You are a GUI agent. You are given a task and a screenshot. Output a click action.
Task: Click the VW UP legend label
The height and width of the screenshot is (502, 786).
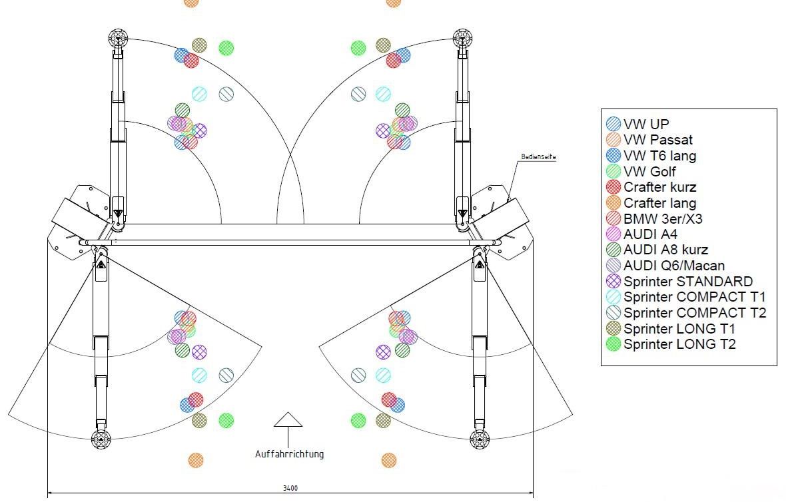[646, 124]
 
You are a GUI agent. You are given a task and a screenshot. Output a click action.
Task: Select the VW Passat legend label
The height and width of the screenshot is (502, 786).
[658, 140]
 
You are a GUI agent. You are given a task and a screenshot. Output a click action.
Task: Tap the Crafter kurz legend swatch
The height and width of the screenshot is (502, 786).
[613, 187]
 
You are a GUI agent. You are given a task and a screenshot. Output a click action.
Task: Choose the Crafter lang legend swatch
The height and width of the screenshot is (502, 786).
[613, 203]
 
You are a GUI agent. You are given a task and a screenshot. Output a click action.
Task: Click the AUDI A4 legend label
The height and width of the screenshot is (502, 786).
[649, 234]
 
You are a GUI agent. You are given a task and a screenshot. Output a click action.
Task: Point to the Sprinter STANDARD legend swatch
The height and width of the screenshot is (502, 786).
[613, 282]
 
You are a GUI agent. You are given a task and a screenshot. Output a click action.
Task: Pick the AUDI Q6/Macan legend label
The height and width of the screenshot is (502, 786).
[674, 266]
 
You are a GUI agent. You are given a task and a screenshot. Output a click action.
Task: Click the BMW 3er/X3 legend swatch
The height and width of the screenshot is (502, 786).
[613, 218]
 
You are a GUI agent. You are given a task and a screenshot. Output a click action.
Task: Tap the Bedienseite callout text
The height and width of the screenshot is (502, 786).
[538, 157]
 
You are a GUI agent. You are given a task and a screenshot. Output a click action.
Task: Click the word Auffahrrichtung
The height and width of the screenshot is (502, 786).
[289, 454]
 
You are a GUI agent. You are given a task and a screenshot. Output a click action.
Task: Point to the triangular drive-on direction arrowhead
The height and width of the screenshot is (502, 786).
[288, 419]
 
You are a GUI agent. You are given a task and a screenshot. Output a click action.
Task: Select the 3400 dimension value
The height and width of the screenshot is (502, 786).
[290, 488]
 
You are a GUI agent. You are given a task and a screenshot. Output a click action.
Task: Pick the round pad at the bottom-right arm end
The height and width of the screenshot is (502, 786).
[478, 438]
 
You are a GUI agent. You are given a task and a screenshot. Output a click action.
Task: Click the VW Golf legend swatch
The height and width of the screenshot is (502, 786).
[613, 172]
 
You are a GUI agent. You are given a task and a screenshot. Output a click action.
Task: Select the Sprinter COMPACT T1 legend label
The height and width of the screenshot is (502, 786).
[695, 297]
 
